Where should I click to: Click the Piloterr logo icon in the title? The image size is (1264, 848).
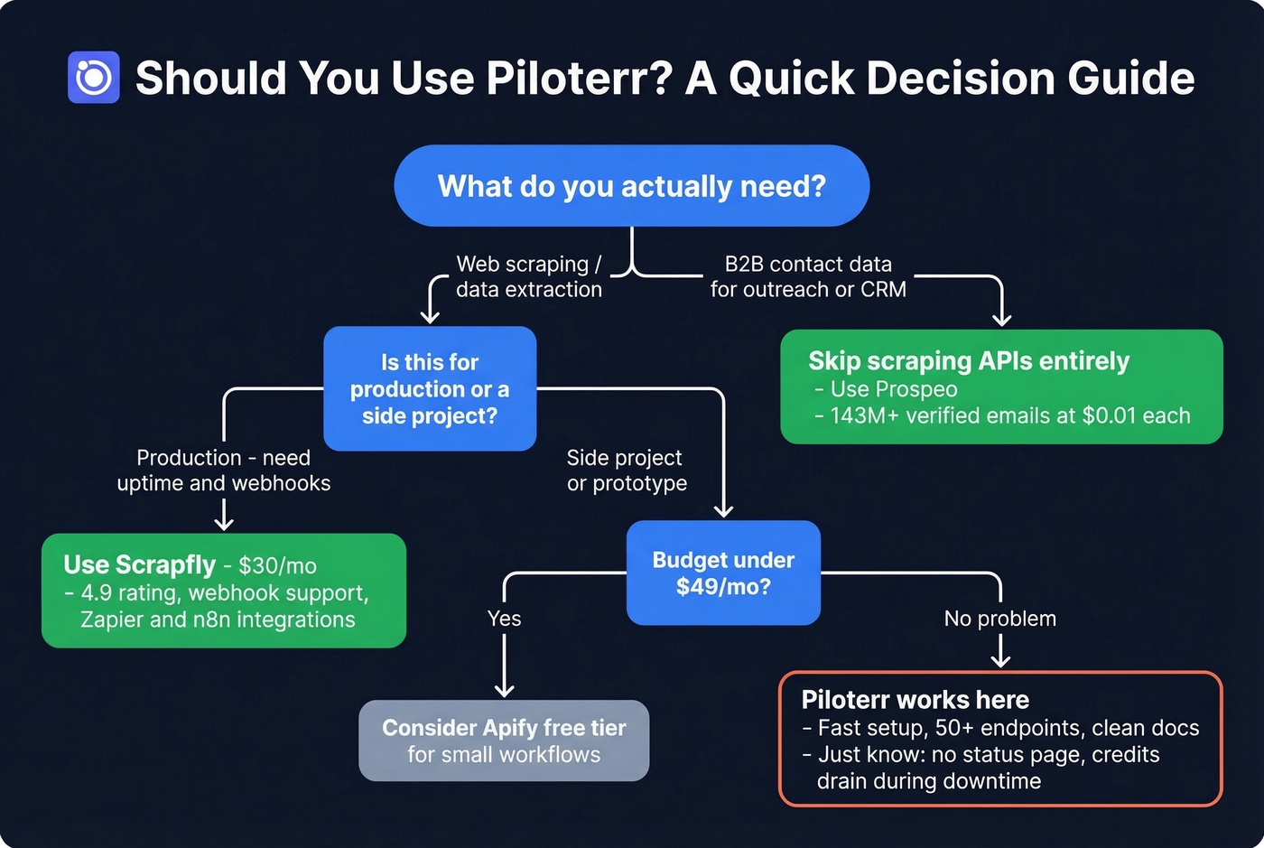tap(94, 78)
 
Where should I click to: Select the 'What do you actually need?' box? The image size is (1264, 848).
tap(631, 186)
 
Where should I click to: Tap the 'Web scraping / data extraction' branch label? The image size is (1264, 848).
tap(528, 276)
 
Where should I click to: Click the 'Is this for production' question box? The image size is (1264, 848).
tap(430, 388)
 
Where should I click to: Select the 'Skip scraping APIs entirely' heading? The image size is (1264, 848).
tap(969, 361)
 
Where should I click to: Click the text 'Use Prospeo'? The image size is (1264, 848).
tap(894, 389)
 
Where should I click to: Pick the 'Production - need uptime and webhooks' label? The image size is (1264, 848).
tap(224, 471)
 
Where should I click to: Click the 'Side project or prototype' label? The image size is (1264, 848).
tap(627, 471)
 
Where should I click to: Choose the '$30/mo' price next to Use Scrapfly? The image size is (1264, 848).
tap(277, 566)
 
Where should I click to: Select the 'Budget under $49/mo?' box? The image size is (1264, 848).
tap(723, 573)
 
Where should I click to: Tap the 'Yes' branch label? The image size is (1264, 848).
tap(504, 619)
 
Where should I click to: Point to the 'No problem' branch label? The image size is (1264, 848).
tap(999, 619)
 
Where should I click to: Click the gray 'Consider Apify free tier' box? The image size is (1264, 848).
tap(504, 741)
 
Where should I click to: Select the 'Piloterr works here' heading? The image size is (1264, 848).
tap(915, 700)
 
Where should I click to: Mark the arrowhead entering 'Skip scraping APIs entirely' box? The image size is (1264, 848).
tap(1001, 320)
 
